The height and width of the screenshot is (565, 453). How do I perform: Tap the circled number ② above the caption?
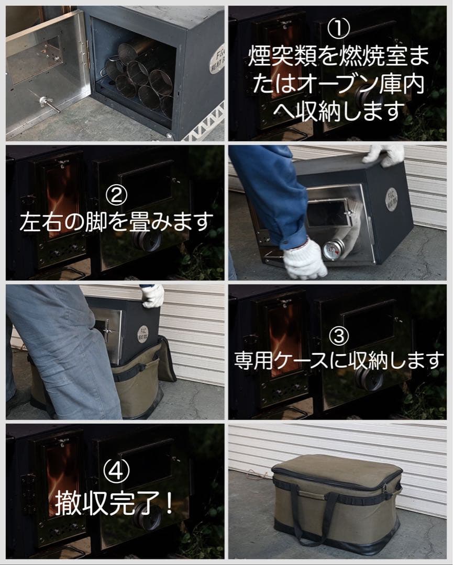click(116, 195)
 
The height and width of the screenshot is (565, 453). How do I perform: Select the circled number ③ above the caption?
click(339, 336)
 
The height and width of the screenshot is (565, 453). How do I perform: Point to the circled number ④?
click(116, 475)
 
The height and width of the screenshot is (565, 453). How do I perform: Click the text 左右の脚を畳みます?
click(116, 222)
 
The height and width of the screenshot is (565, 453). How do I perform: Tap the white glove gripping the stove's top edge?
click(385, 154)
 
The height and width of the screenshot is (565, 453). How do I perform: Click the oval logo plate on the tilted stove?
click(391, 199)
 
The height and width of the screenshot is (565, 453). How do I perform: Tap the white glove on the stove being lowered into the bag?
click(152, 296)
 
